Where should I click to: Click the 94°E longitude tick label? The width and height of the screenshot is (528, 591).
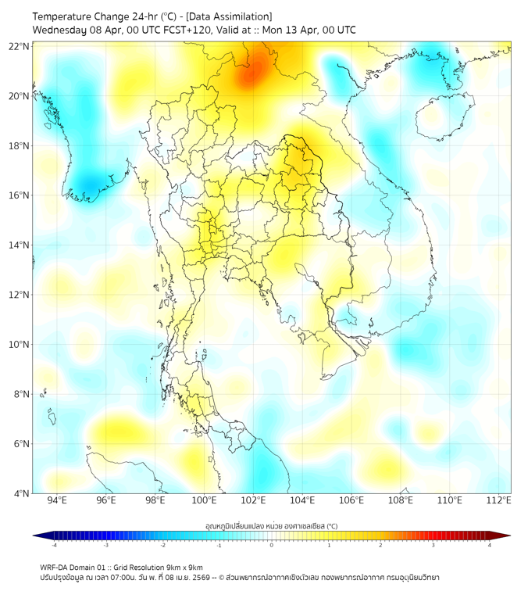click(x=57, y=500)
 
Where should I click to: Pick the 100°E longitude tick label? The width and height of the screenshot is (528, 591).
click(x=204, y=500)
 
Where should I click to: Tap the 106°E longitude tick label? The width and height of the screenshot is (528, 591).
click(x=351, y=500)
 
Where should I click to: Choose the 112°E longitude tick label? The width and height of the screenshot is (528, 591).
click(x=498, y=500)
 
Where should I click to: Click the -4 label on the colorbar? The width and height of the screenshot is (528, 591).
click(x=53, y=545)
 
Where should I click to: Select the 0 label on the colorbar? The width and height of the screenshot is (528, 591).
click(x=272, y=545)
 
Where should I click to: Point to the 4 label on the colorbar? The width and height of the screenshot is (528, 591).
click(x=490, y=545)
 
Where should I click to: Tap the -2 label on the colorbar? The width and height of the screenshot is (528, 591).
click(x=162, y=545)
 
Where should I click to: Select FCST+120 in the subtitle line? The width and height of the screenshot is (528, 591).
click(x=178, y=30)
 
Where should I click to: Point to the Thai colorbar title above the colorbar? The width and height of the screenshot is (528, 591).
click(x=271, y=526)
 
